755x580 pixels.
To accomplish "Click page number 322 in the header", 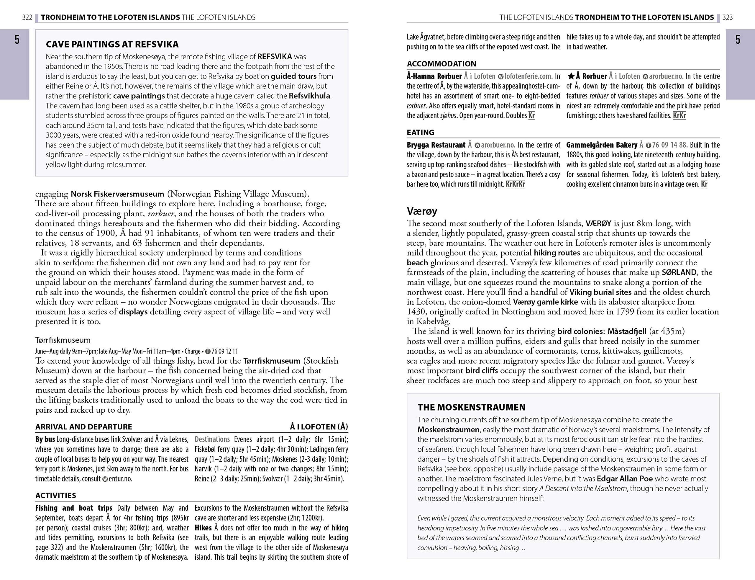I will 27,17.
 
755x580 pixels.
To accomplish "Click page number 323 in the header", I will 727,17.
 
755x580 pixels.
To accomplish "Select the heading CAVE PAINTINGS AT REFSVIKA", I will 112,44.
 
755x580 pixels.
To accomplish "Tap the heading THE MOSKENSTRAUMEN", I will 471,407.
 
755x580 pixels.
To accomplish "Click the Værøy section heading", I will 422,211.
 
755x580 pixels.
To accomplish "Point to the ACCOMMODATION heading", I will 441,64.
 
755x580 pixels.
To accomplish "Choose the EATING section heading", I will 421,133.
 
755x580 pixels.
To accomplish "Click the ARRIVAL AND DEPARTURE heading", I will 83,427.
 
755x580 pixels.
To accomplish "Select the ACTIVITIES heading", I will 55,495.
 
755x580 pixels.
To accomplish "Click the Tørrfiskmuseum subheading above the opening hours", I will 63,340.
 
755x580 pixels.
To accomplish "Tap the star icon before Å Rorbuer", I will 571,76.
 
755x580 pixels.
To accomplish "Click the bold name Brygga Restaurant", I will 436,145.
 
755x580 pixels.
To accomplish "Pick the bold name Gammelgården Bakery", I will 602,145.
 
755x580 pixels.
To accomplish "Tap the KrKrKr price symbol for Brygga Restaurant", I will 515,184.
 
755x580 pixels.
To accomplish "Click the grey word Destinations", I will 212,440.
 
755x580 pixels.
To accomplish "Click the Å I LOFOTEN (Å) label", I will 319,427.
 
